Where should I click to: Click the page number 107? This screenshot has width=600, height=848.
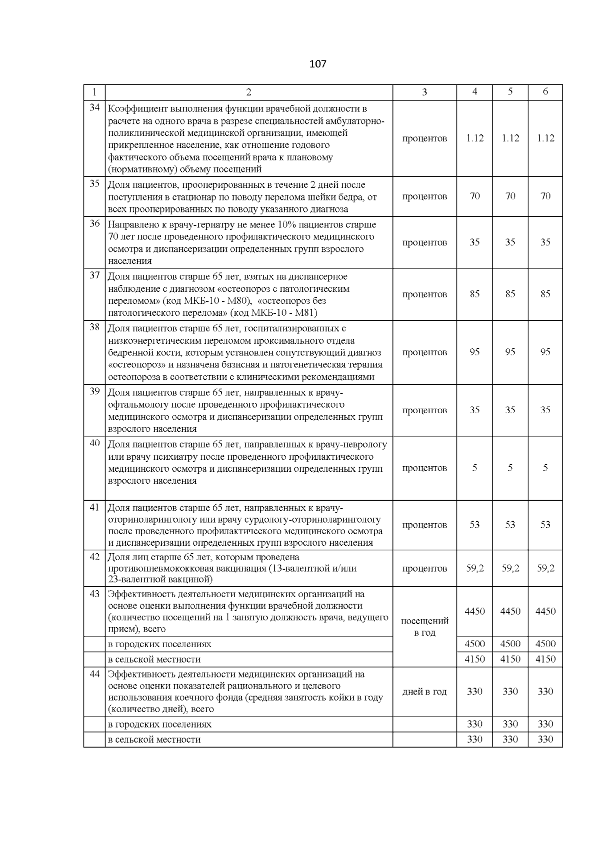click(x=318, y=64)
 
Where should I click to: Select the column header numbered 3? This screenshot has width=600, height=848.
click(x=424, y=92)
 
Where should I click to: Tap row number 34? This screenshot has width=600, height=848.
click(x=94, y=108)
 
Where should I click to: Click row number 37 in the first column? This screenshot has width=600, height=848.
click(x=94, y=276)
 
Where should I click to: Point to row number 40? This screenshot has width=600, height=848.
click(x=94, y=443)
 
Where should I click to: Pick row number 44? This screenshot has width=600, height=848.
click(x=94, y=674)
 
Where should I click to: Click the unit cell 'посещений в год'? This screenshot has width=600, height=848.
click(x=424, y=627)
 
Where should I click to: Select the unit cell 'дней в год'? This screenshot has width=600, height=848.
click(x=424, y=692)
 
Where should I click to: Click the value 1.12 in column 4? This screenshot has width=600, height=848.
click(x=474, y=138)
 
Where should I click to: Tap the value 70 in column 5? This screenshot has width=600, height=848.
click(x=510, y=196)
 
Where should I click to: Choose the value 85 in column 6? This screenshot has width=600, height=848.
click(x=545, y=294)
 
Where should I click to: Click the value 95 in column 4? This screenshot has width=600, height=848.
click(x=474, y=352)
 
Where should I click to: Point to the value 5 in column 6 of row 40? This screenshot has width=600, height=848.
click(x=545, y=468)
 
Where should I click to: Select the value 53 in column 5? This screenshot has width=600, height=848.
click(x=510, y=525)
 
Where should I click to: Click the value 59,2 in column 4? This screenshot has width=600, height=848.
click(x=474, y=568)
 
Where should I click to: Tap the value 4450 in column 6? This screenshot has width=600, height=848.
click(x=545, y=611)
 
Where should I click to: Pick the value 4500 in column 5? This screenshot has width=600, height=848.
click(x=510, y=644)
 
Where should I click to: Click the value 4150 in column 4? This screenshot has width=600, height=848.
click(x=474, y=659)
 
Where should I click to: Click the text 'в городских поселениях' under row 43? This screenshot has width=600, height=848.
click(x=159, y=645)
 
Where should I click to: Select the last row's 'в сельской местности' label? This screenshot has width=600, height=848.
click(x=154, y=740)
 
